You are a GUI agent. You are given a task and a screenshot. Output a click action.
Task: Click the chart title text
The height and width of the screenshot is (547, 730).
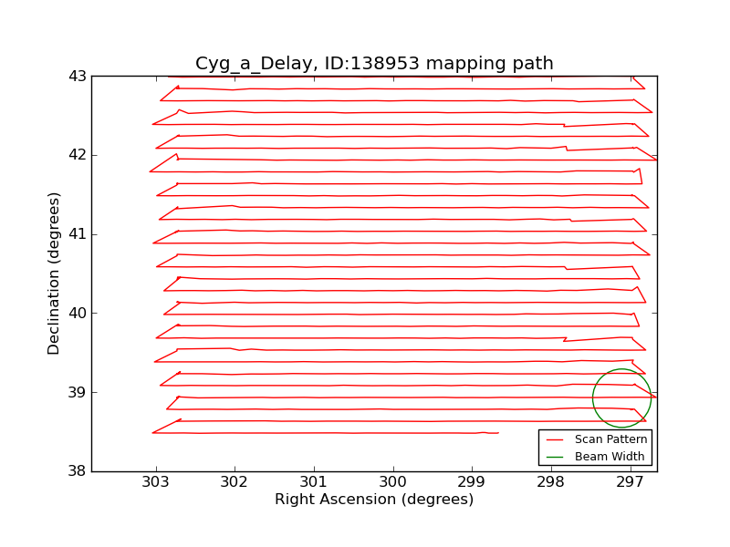374,64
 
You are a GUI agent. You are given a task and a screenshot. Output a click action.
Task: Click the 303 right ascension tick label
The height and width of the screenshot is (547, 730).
156,483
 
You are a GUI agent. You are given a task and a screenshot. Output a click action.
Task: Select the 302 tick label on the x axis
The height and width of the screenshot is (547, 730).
235,483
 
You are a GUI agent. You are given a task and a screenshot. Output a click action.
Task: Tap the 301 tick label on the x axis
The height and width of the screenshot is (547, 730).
314,483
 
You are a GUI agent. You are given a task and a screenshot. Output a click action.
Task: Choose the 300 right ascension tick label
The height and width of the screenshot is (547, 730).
393,483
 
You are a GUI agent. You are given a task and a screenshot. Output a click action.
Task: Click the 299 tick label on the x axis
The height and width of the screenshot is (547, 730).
472,483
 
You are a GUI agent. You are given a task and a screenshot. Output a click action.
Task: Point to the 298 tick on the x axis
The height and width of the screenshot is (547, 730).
551,483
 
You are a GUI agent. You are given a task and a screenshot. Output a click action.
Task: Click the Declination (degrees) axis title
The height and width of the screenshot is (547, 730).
55,273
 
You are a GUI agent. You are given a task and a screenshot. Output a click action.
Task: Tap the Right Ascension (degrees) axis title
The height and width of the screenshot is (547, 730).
374,500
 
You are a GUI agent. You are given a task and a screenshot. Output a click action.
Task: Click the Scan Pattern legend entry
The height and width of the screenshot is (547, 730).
610,439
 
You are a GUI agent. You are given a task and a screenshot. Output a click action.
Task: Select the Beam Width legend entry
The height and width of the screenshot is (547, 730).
609,456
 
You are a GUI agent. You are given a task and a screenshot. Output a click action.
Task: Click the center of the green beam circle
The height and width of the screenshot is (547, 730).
621,397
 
